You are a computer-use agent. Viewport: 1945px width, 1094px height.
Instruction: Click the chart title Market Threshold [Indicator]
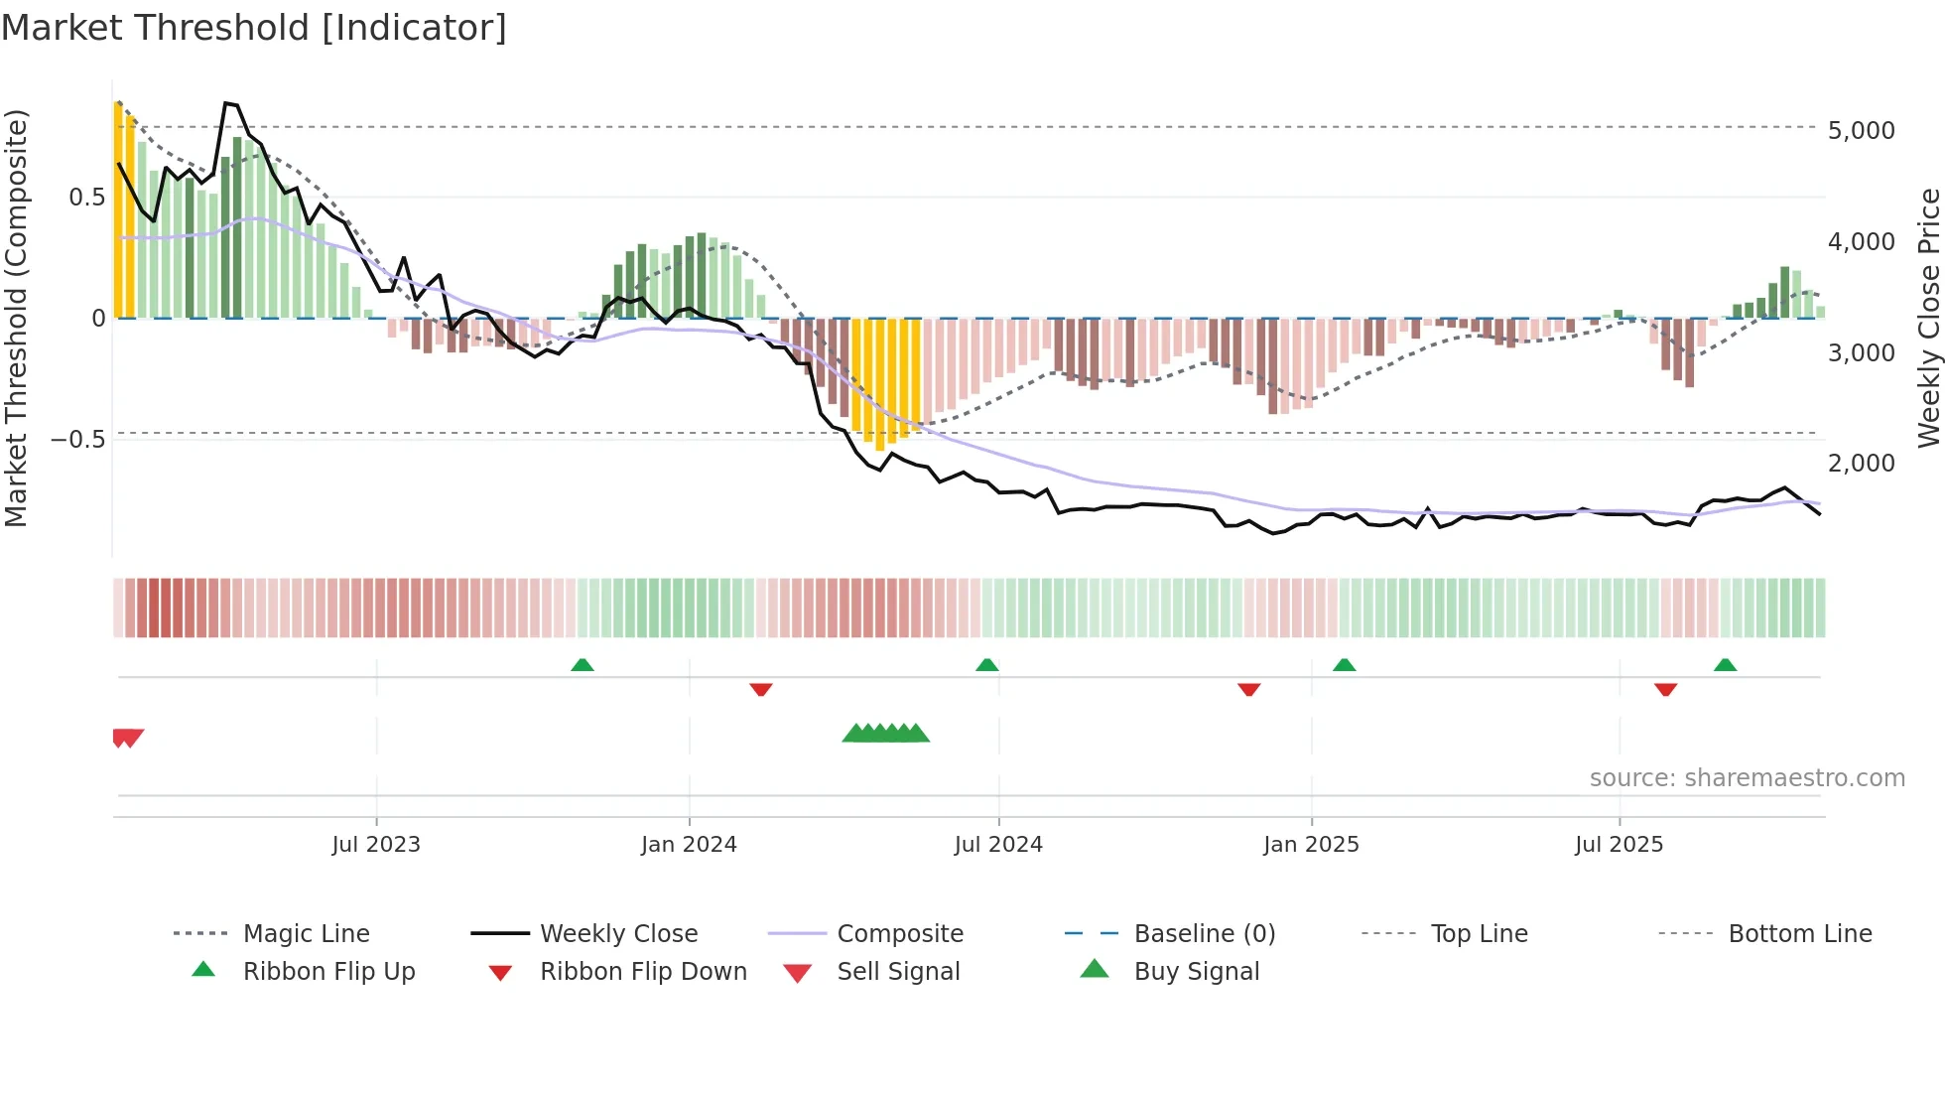tap(254, 28)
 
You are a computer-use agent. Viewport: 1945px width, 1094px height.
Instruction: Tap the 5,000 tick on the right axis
tap(1861, 131)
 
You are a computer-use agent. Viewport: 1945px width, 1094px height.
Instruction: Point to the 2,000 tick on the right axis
tap(1861, 464)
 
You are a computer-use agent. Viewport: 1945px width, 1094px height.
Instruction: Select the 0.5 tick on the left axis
tap(86, 198)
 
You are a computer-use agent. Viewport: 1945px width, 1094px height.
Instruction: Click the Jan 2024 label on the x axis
tap(689, 845)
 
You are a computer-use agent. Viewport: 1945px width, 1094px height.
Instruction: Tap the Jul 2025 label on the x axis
tap(1619, 845)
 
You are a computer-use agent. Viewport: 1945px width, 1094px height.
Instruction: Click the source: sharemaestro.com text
tap(1747, 778)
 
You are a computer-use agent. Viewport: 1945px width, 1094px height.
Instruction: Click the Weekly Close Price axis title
tap(1928, 318)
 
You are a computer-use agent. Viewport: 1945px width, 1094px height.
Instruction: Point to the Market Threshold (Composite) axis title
tap(16, 318)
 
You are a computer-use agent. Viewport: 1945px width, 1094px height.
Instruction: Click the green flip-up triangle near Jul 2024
tap(986, 665)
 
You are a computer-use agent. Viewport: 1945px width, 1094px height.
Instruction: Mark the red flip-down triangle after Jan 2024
tap(761, 689)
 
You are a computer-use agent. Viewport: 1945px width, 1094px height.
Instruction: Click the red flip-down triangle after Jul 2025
tap(1665, 689)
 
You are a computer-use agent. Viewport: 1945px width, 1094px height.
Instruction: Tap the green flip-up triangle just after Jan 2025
tap(1344, 665)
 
